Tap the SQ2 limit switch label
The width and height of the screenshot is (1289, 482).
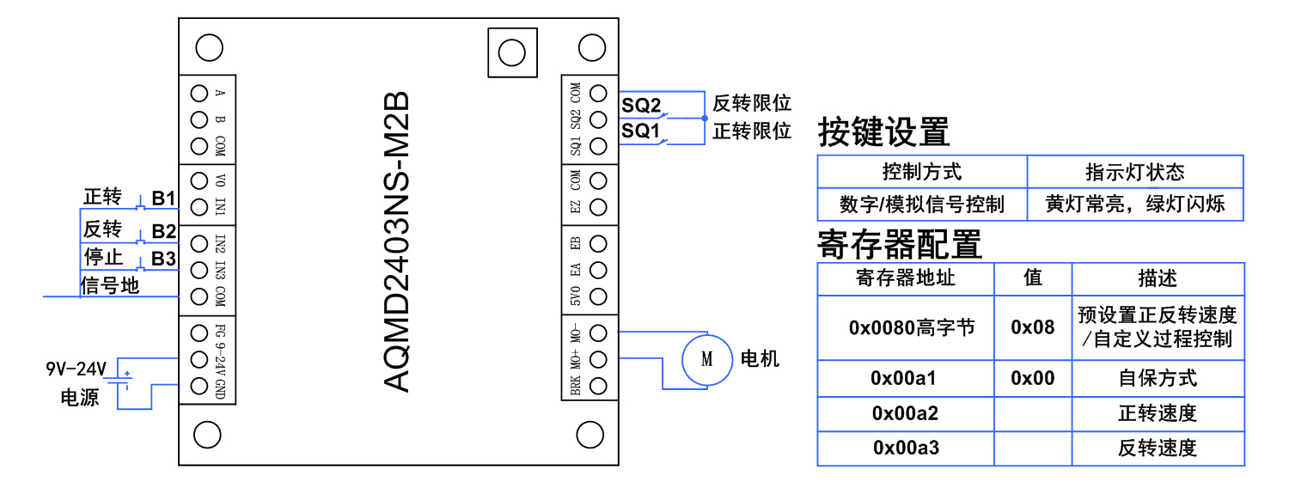[x=641, y=105]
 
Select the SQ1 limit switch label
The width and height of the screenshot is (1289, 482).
[x=641, y=131]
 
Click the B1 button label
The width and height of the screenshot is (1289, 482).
[x=163, y=198]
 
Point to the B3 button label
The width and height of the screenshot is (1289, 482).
[x=163, y=259]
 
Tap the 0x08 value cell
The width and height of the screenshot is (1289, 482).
[x=1032, y=327]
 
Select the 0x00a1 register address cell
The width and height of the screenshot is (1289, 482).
[x=904, y=378]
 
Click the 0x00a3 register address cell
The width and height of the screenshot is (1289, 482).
[x=904, y=448]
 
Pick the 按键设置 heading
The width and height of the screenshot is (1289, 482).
[x=883, y=132]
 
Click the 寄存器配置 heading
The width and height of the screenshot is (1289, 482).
[x=899, y=244]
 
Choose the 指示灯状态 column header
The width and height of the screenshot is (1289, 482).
[x=1134, y=172]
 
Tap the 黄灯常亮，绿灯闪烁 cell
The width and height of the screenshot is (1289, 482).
[x=1134, y=204]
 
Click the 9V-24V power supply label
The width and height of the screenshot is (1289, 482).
[x=76, y=370]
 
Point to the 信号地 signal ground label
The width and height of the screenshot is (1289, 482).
[x=109, y=285]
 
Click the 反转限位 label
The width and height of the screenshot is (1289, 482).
[x=751, y=104]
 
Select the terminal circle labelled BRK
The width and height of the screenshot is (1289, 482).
[x=599, y=386]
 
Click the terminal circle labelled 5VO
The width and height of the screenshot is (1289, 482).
[x=599, y=297]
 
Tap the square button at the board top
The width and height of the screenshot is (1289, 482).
[x=511, y=52]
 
